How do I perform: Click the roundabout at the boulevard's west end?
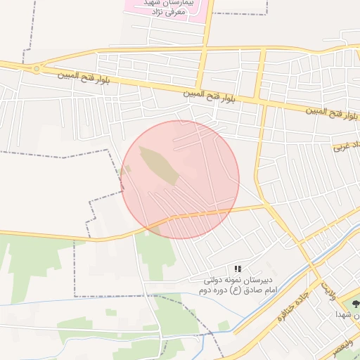pos(36,69)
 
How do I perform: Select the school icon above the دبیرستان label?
pos(238,269)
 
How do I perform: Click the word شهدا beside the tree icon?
pos(343,314)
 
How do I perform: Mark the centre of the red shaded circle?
pos(180,179)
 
